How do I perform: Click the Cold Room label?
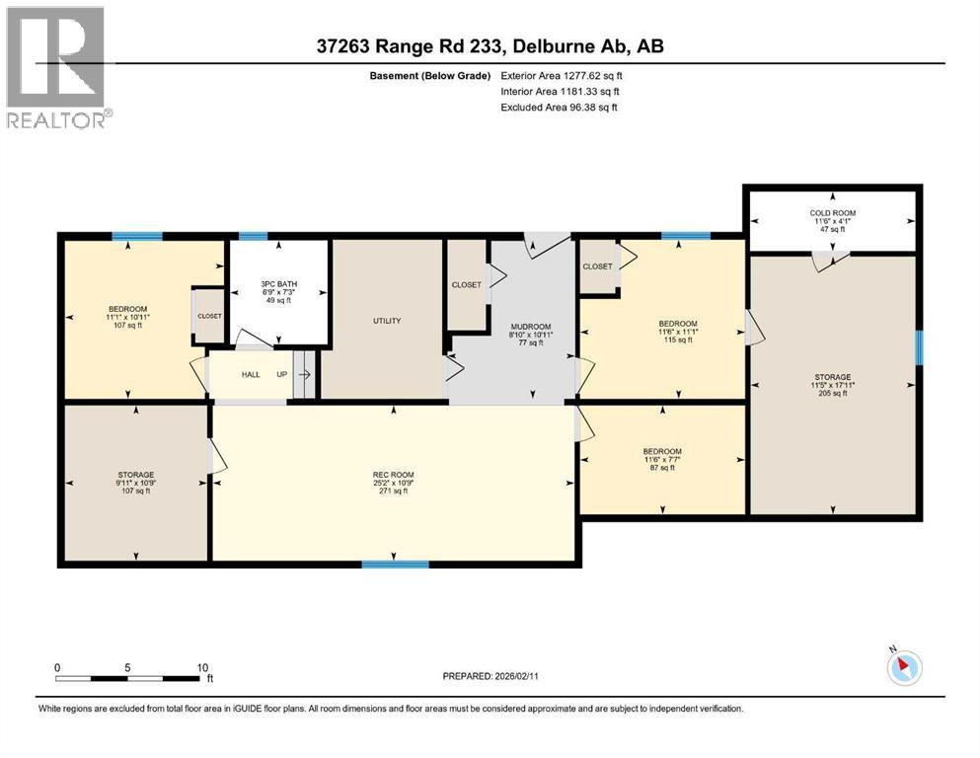833,213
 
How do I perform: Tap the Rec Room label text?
393,475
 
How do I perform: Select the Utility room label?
387,321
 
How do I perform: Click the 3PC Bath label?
278,284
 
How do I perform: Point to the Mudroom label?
531,327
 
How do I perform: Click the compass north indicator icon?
904,667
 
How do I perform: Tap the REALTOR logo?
56,67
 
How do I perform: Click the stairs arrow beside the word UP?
304,375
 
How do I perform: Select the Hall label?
251,374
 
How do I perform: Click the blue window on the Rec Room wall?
395,565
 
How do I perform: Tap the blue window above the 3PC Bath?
253,236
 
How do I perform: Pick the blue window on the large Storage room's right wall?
920,347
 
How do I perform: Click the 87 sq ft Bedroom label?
662,452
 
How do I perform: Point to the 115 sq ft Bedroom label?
678,325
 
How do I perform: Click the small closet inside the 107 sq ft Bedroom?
209,316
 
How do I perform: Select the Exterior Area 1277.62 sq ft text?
562,76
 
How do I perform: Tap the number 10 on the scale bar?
202,667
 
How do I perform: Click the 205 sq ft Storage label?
833,377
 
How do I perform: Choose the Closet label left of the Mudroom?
466,285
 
